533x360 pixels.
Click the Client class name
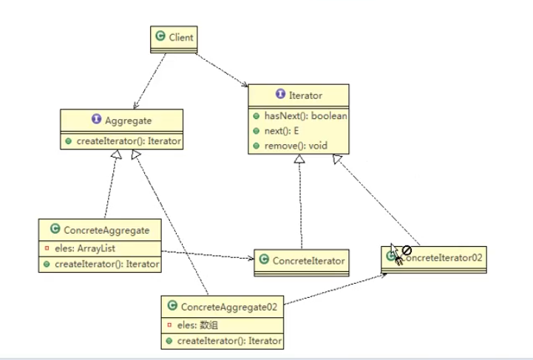(181, 37)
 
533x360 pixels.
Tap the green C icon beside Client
(160, 35)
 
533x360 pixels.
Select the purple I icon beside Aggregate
(97, 118)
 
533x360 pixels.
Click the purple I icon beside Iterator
(280, 93)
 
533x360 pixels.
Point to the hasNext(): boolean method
(305, 116)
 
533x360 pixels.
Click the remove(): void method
(296, 146)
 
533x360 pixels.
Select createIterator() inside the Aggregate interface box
(129, 141)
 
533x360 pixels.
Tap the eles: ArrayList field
(85, 248)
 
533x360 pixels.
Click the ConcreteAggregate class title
(106, 230)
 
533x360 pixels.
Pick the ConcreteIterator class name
(308, 261)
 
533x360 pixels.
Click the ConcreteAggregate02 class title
(229, 307)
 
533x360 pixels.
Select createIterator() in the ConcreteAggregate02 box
(229, 341)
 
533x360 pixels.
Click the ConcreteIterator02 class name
(441, 258)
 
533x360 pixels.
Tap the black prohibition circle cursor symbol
(407, 251)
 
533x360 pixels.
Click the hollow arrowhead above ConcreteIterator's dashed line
(299, 159)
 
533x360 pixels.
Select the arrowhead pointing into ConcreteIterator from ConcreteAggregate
(251, 259)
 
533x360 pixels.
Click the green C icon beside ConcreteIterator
(264, 259)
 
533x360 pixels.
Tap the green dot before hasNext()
(257, 116)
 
